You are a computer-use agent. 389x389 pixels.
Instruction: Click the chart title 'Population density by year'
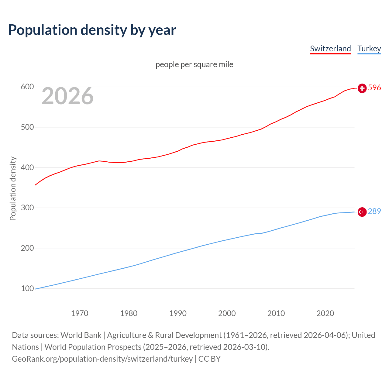click(92, 30)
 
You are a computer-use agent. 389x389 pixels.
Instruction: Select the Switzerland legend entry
click(330, 49)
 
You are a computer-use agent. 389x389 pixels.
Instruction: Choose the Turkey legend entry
click(369, 49)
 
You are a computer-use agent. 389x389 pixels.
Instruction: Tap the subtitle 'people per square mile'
click(194, 64)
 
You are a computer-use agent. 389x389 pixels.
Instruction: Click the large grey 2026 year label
click(67, 96)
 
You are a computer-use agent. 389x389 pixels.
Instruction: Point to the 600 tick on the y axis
click(27, 87)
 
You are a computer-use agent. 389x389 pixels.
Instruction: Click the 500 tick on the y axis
click(27, 127)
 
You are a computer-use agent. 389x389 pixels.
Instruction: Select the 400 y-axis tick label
click(27, 167)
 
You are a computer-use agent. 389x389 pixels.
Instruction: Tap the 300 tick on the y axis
click(27, 208)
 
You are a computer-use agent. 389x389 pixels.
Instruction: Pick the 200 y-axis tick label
click(27, 248)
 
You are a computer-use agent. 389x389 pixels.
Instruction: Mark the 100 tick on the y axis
click(27, 288)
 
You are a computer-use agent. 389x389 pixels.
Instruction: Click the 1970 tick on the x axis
click(80, 313)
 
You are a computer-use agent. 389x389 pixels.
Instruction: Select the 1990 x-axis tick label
click(178, 313)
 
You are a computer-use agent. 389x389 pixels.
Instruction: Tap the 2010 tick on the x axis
click(276, 313)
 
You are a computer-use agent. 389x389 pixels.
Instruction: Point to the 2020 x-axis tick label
click(325, 313)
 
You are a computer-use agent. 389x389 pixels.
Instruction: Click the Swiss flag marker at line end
click(362, 88)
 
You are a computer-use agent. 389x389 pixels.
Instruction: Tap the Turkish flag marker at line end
click(362, 212)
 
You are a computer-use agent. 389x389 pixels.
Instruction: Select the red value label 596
click(374, 88)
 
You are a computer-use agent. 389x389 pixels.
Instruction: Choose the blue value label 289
click(374, 211)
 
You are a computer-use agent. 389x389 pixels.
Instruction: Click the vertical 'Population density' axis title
click(13, 188)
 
